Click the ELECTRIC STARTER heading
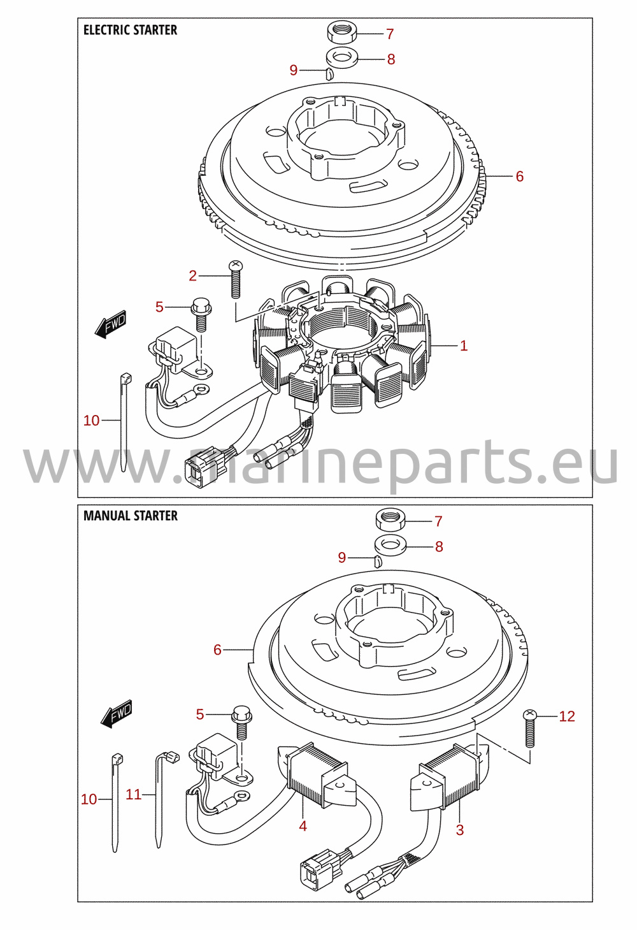[x=131, y=31]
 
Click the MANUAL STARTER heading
[x=131, y=516]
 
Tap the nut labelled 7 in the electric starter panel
[x=343, y=33]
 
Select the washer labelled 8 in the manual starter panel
[x=390, y=546]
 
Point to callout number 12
[x=567, y=716]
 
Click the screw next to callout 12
[x=531, y=729]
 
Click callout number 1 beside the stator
[x=464, y=345]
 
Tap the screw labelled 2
[x=235, y=279]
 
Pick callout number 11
[x=134, y=795]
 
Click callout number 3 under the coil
[x=460, y=830]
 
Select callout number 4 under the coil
[x=303, y=826]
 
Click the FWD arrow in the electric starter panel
[x=110, y=324]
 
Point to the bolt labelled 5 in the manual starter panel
[x=242, y=722]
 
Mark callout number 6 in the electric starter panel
[x=520, y=177]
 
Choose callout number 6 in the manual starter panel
[x=217, y=650]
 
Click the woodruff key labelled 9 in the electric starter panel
[x=329, y=74]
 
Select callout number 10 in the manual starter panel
[x=89, y=799]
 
